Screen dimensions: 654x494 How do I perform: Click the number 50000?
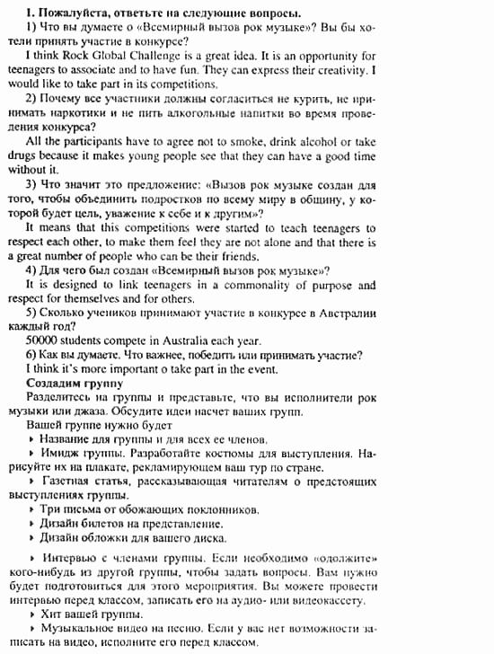46,341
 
